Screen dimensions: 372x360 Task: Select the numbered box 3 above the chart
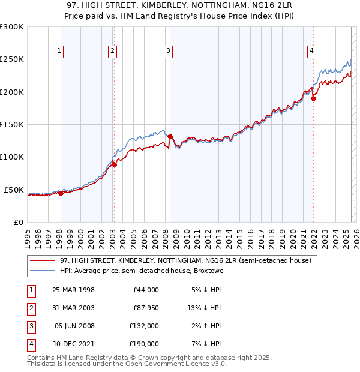tap(169, 52)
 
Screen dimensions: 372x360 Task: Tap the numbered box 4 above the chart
tap(312, 52)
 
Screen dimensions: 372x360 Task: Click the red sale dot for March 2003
tap(114, 164)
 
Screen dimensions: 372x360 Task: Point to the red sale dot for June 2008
tap(170, 136)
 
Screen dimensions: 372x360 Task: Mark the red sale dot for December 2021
tap(313, 99)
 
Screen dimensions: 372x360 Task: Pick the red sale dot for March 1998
tap(61, 193)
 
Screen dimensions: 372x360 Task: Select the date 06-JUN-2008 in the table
tap(74, 326)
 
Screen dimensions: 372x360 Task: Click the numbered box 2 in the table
tap(31, 308)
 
